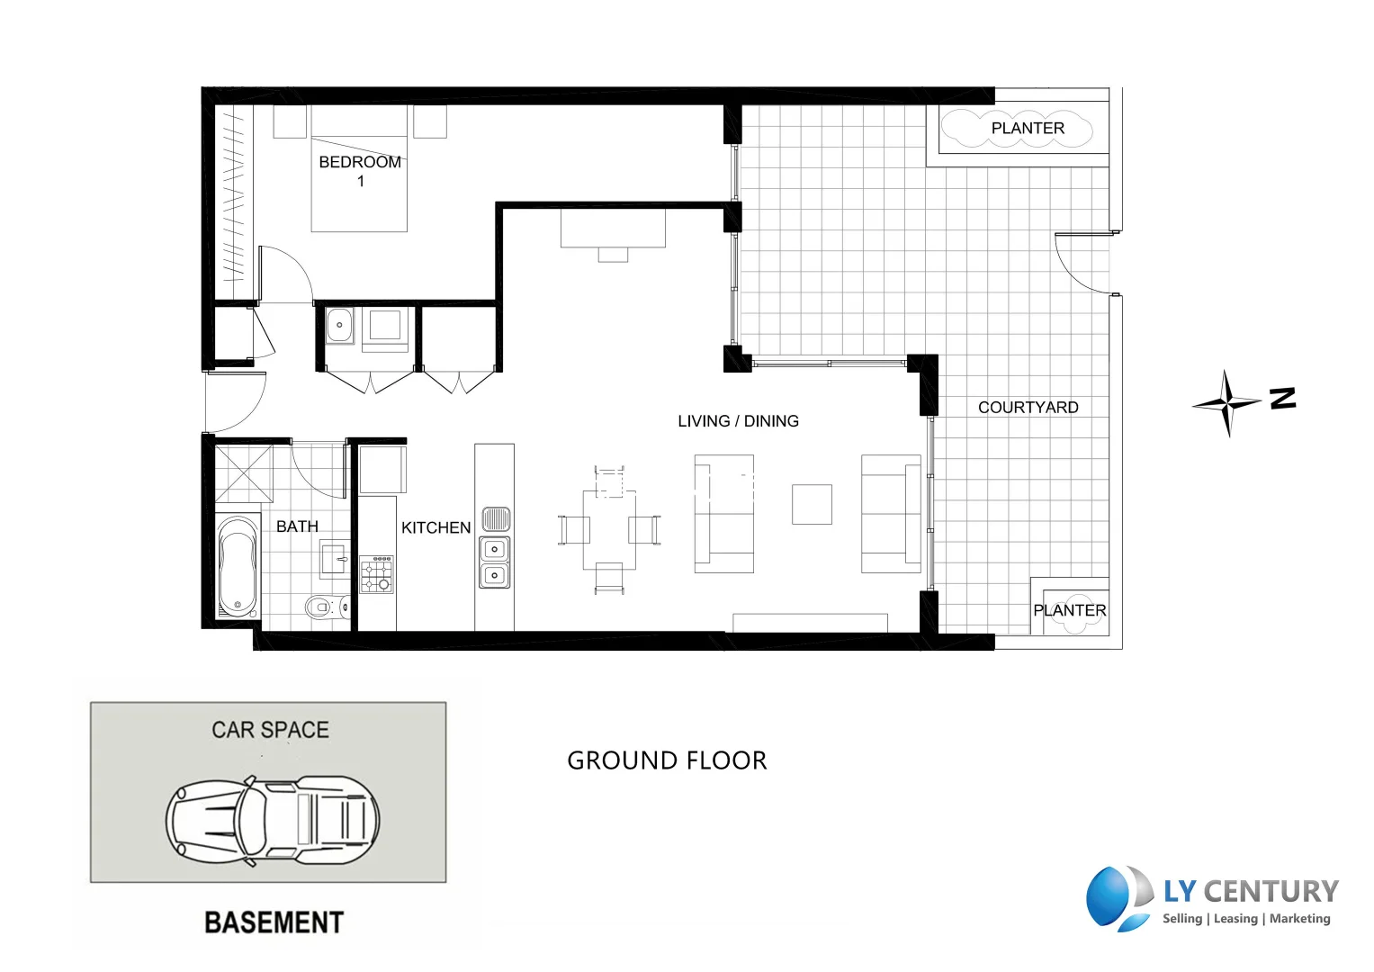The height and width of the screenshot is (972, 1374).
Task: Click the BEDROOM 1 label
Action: [360, 171]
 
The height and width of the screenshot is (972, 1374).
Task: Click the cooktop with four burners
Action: [377, 574]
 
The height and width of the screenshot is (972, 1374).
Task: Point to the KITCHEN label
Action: [436, 527]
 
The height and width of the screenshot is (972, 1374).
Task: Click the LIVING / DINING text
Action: [738, 421]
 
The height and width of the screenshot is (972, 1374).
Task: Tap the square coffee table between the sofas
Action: [812, 504]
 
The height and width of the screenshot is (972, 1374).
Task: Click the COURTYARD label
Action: [1028, 408]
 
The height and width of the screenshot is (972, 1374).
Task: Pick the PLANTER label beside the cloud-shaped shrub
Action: [1028, 128]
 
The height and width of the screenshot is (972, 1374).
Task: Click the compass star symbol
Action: [1226, 403]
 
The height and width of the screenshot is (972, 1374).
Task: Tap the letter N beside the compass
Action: [1283, 398]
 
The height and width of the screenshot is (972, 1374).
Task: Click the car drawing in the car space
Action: [272, 820]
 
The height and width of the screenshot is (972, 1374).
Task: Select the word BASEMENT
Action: [274, 922]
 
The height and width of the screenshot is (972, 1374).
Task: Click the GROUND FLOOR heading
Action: [667, 760]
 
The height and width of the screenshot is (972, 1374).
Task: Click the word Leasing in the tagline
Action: [1235, 919]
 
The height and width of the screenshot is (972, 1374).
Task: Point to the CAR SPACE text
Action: [270, 730]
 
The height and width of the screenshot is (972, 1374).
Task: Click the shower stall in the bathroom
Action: [243, 473]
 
